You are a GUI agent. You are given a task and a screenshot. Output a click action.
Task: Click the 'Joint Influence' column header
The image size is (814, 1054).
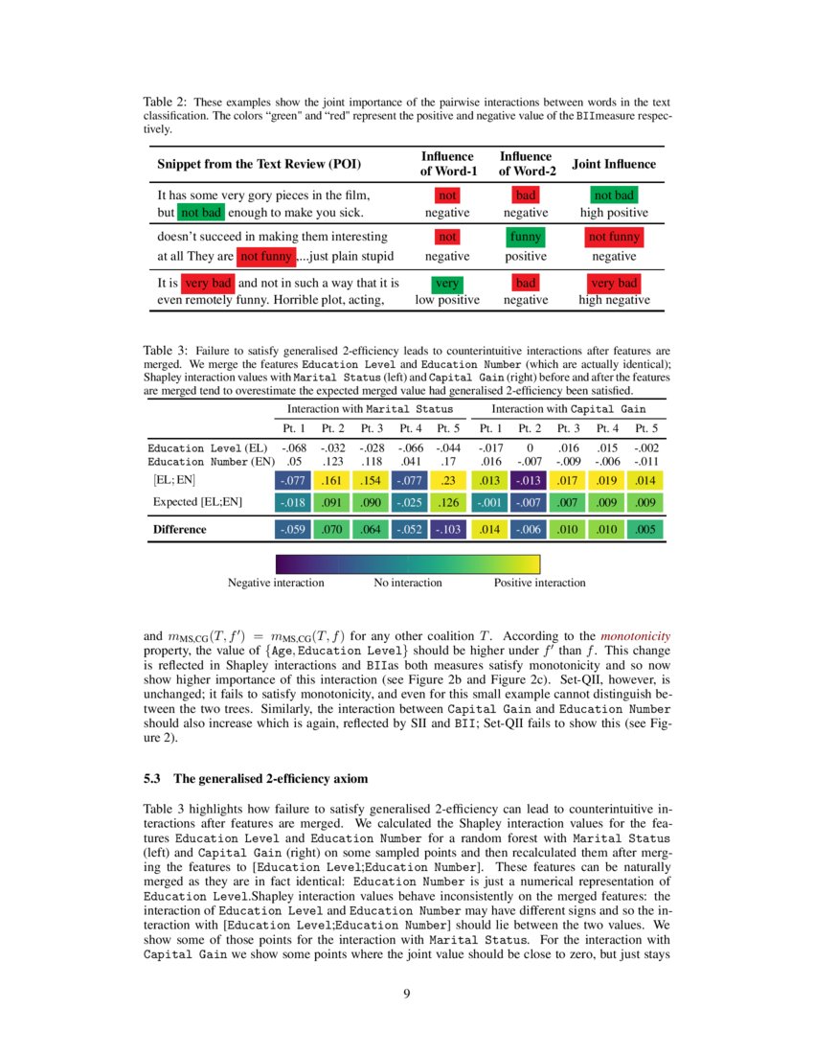(x=613, y=164)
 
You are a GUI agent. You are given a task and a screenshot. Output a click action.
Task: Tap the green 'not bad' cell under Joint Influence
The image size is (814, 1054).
(x=614, y=195)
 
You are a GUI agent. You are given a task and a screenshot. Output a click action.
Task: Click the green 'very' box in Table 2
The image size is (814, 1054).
(x=446, y=283)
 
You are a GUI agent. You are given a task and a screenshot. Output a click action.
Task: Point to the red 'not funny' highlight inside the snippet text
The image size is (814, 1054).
(x=265, y=256)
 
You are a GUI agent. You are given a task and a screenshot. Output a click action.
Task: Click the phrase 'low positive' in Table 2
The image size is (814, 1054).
(x=446, y=300)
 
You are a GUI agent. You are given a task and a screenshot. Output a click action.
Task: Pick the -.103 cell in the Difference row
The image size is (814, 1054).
(x=448, y=528)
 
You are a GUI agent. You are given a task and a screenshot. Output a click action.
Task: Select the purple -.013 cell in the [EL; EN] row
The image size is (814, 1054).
(x=526, y=480)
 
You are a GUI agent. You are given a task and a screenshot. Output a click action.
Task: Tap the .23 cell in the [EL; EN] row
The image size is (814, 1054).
(x=448, y=480)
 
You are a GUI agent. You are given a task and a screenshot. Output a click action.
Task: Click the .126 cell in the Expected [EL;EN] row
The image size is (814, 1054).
(x=448, y=501)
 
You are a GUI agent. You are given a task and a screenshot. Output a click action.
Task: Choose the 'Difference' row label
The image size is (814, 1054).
(x=179, y=528)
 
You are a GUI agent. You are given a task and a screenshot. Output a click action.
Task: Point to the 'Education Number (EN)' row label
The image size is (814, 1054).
(x=207, y=462)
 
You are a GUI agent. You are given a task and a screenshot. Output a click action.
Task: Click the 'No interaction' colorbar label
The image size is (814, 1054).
(x=408, y=583)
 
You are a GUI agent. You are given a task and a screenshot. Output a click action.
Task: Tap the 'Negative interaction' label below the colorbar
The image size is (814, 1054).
(x=276, y=583)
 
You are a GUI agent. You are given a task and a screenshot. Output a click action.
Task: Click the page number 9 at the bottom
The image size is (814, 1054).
(x=407, y=993)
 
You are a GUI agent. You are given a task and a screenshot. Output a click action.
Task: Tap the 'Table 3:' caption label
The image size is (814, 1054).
(x=165, y=352)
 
